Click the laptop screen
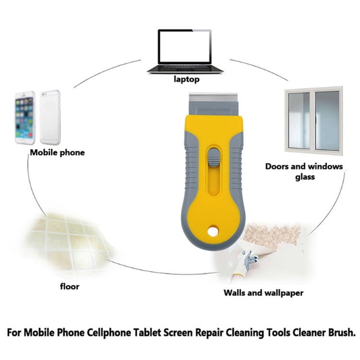tap(184, 47)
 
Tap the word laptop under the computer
tap(186, 79)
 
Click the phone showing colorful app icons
tap(25, 118)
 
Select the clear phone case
tap(50, 117)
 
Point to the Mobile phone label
tap(57, 152)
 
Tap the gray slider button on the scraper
tap(214, 157)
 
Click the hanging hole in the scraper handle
tap(213, 231)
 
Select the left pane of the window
tap(299, 120)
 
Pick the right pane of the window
tap(327, 121)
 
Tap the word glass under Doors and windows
tap(305, 177)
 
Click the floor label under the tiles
tap(70, 286)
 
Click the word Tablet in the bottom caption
tap(147, 332)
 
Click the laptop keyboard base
tap(185, 69)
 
